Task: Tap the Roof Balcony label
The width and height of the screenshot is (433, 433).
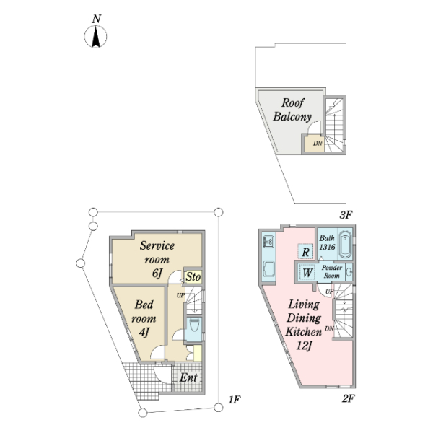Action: (292, 110)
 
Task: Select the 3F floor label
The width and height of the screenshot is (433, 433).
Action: (346, 214)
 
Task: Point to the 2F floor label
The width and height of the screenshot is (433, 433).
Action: (349, 398)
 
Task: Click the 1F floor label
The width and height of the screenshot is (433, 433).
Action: (235, 400)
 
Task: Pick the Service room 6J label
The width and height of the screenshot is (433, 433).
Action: (157, 259)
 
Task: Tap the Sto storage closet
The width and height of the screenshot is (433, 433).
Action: (193, 276)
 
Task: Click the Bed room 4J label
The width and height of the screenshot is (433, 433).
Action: (144, 318)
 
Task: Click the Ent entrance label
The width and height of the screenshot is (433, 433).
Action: (188, 377)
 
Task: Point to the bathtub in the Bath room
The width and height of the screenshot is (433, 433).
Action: (345, 244)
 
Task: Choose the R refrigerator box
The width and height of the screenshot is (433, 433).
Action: (305, 252)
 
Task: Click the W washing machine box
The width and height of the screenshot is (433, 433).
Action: (307, 273)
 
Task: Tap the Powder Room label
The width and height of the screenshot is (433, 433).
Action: (332, 271)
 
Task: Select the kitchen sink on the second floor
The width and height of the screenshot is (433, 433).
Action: (268, 242)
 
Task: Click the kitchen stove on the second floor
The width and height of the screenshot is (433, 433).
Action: (268, 268)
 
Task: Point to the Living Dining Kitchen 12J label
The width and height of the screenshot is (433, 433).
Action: (304, 325)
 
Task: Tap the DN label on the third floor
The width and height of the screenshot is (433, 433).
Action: (318, 144)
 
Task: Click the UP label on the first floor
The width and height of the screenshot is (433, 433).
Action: (180, 295)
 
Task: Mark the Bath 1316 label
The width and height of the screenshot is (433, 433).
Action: (327, 242)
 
